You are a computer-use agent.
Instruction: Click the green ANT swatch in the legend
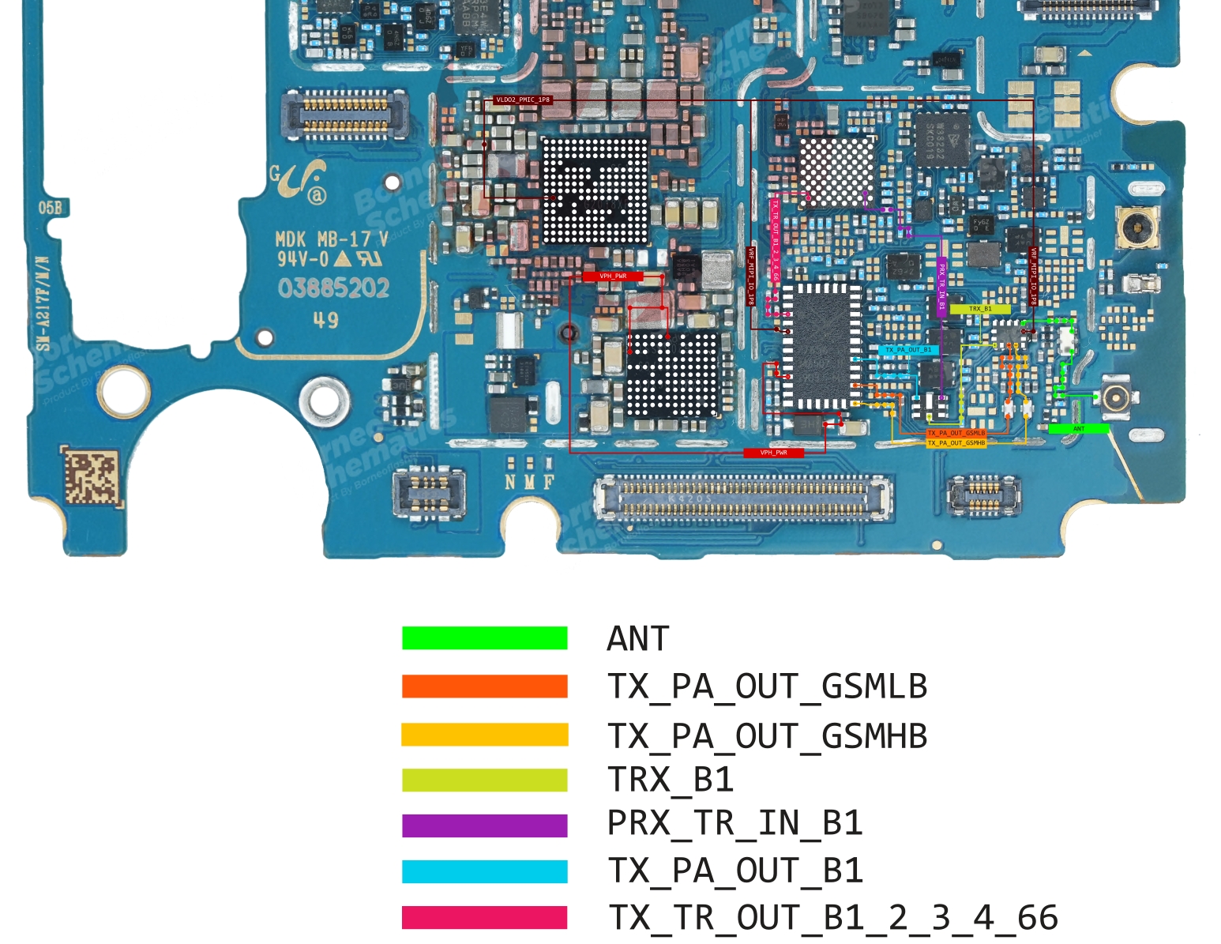tap(484, 638)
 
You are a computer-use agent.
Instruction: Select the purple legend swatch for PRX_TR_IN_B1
tap(484, 826)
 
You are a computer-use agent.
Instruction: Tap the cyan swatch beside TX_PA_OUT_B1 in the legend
tap(484, 871)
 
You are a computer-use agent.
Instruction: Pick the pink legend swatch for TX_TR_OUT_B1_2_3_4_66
tap(484, 917)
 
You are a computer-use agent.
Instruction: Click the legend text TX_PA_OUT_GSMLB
tap(767, 686)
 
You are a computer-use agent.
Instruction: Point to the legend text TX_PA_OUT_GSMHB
tap(767, 736)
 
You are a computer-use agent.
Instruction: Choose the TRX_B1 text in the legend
tap(671, 780)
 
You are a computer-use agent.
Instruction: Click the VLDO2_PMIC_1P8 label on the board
tap(522, 100)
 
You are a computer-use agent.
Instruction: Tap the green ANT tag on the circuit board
tap(1079, 429)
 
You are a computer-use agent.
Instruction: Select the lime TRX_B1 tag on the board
tap(980, 309)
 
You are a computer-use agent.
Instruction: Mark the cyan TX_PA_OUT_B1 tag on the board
tap(907, 350)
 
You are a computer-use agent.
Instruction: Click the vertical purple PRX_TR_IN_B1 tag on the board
tap(941, 288)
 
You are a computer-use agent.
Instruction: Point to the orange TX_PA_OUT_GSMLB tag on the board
tap(956, 433)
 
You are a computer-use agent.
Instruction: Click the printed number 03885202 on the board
tap(333, 288)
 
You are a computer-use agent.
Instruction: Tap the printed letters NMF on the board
tap(529, 481)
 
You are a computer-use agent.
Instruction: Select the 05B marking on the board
tap(50, 208)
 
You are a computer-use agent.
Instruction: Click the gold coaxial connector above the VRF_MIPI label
tap(1135, 228)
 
